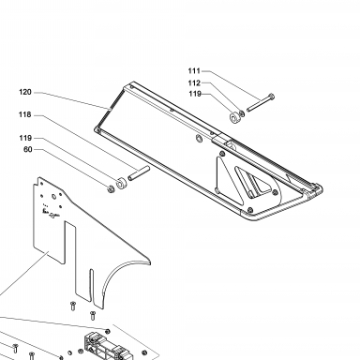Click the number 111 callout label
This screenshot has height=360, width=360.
(x=194, y=71)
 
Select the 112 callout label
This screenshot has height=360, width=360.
(x=194, y=83)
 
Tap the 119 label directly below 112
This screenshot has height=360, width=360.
(x=195, y=94)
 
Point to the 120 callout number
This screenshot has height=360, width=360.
(x=25, y=92)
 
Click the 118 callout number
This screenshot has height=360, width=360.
(x=25, y=114)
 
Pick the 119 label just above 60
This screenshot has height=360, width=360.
(x=25, y=138)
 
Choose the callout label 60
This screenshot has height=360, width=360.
(x=28, y=150)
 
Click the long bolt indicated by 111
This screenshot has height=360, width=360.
(x=261, y=102)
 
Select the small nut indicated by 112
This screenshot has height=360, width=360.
(x=242, y=112)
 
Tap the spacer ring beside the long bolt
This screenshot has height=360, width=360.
(x=234, y=117)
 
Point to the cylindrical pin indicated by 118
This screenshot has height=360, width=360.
(x=139, y=172)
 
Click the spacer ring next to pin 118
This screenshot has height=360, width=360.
(x=121, y=184)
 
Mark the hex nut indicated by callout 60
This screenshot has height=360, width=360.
(x=111, y=188)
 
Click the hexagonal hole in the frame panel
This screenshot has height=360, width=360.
(x=198, y=138)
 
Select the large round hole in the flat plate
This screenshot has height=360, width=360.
(x=53, y=197)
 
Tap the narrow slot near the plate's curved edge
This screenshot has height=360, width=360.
(x=91, y=286)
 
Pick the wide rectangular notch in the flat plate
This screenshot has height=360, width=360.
(x=70, y=243)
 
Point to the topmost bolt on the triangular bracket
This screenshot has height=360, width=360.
(x=222, y=154)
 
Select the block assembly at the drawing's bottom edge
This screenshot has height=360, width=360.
(x=107, y=346)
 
